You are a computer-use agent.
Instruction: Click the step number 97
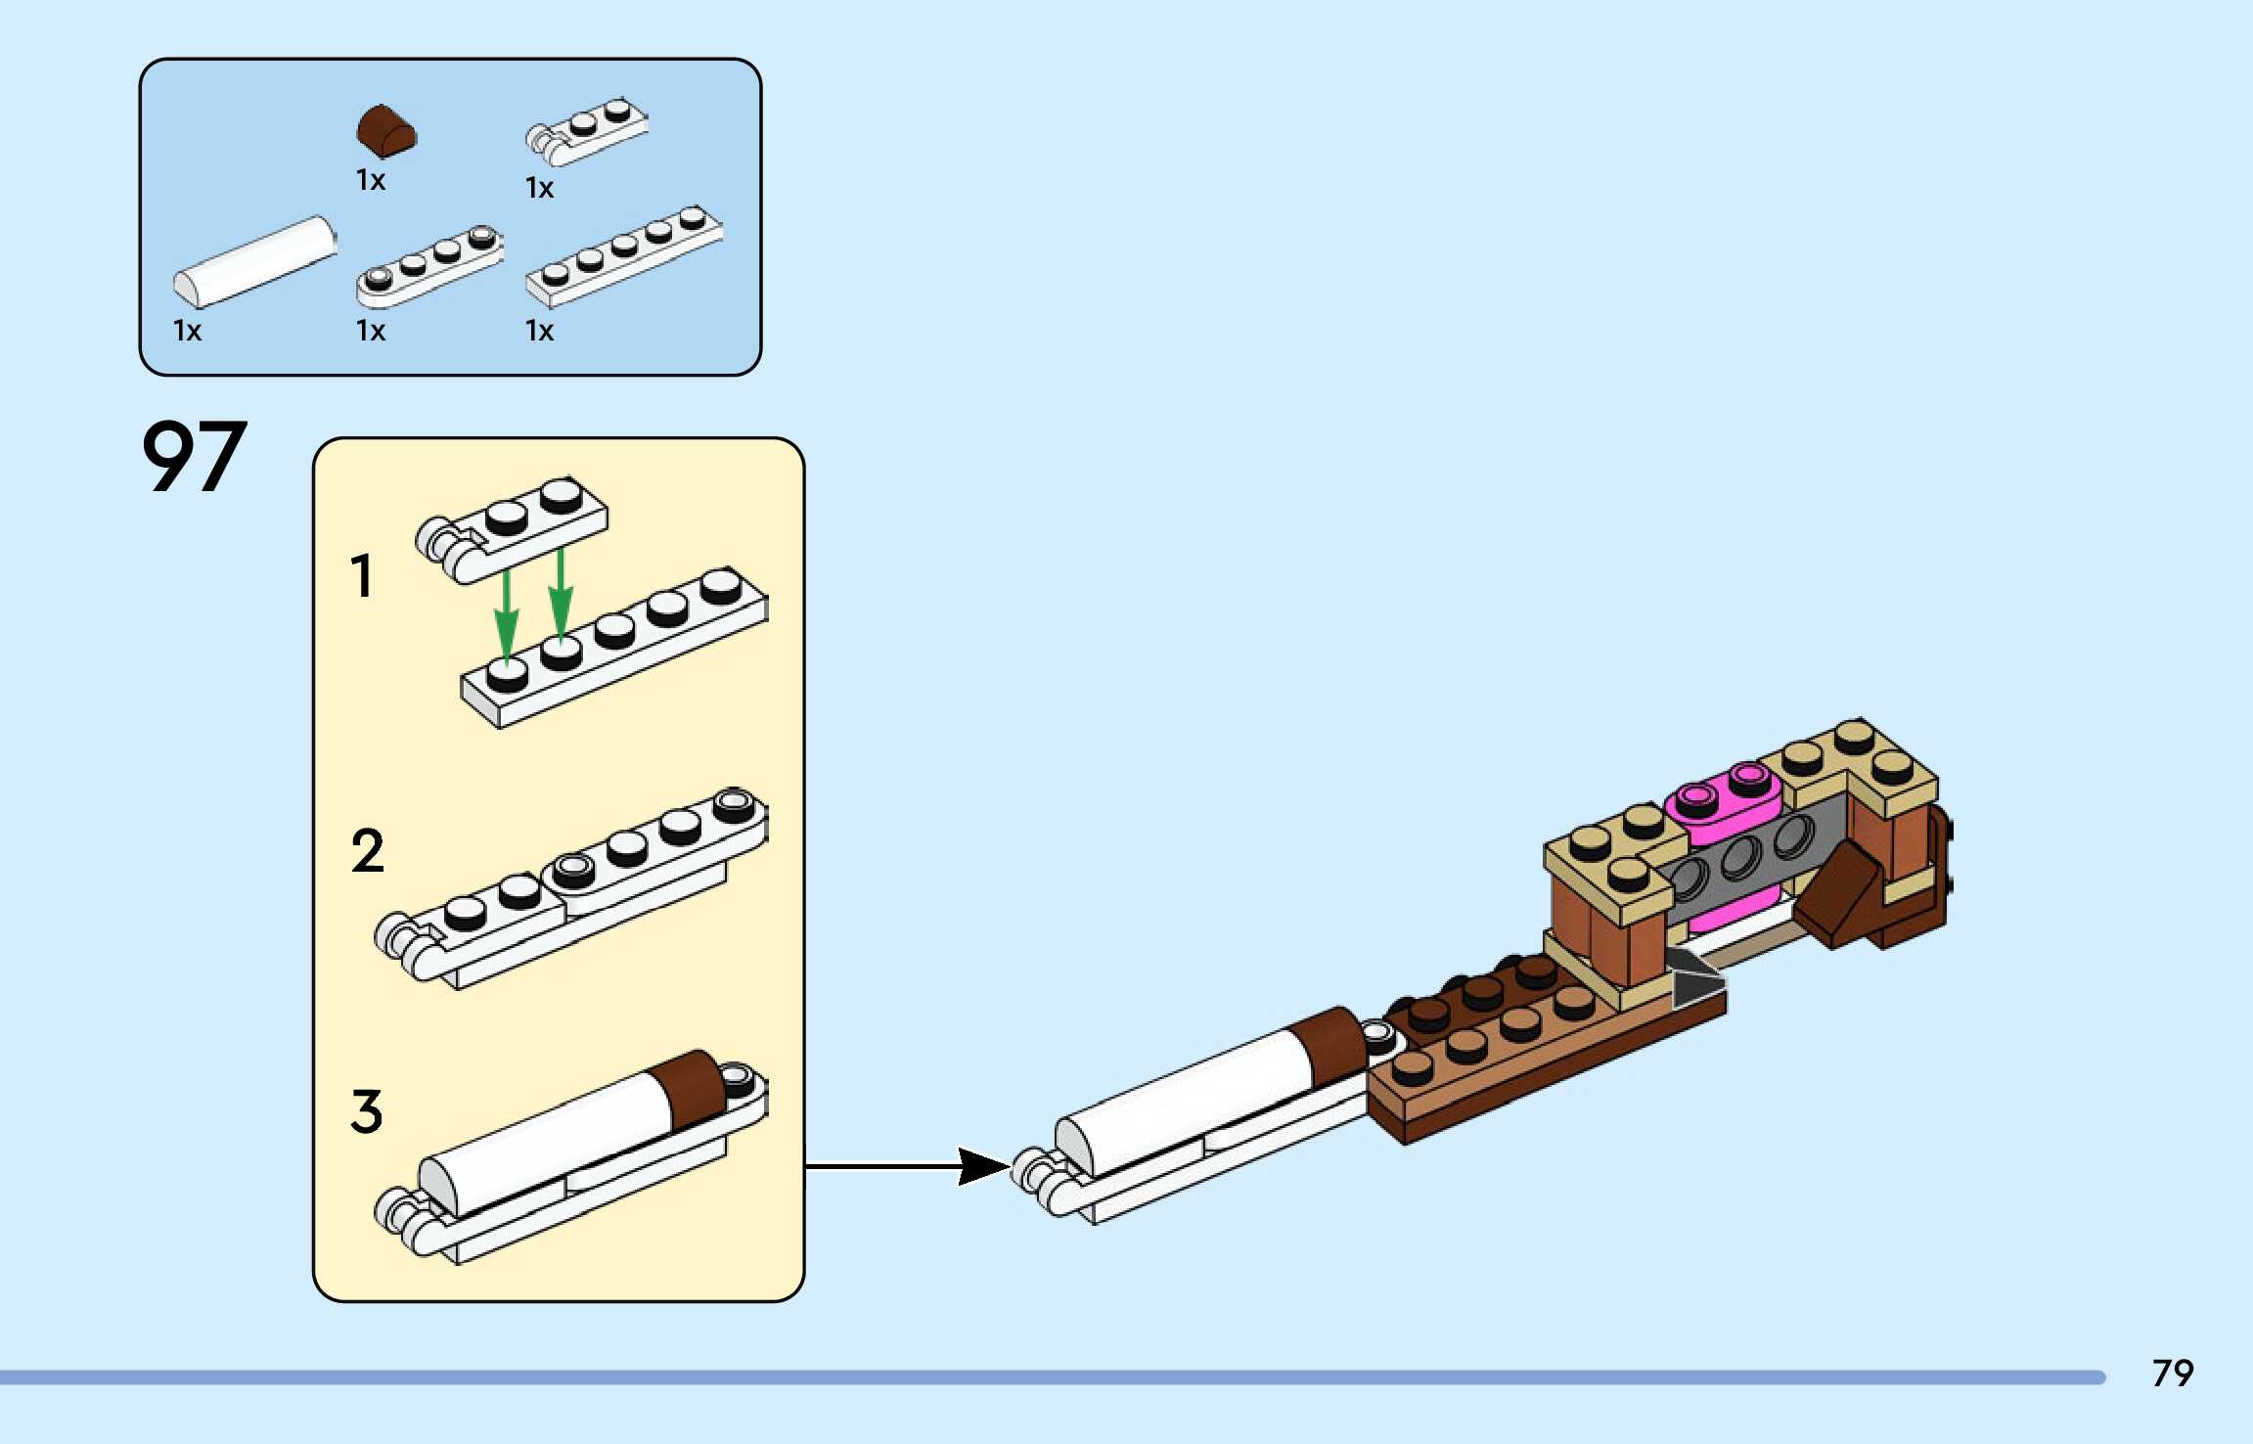click(x=194, y=456)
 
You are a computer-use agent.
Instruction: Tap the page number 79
click(x=2172, y=1374)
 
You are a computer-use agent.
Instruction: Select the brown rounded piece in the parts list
click(x=385, y=131)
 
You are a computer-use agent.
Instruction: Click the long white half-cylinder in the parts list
click(x=255, y=261)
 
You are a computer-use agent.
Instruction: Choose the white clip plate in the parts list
click(x=587, y=131)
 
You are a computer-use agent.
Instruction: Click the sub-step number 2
click(x=368, y=850)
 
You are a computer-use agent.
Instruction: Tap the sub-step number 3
click(x=367, y=1111)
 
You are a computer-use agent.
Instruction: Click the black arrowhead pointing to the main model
click(x=983, y=1165)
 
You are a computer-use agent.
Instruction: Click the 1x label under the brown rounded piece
click(x=371, y=181)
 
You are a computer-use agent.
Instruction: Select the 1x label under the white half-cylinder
click(x=187, y=331)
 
